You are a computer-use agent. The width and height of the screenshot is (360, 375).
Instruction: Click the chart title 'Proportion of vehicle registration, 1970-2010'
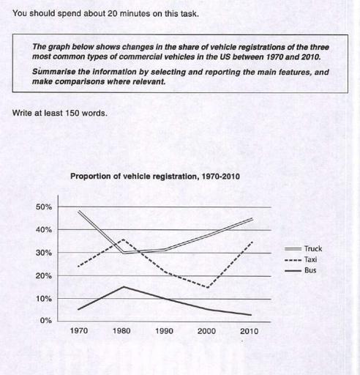pos(154,177)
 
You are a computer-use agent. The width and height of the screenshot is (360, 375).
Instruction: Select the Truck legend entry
pos(312,248)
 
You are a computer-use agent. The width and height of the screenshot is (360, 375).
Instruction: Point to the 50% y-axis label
pos(44,207)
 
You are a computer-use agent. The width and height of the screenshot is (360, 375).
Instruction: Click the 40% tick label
pos(44,230)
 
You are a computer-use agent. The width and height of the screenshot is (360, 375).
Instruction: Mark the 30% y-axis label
pos(44,253)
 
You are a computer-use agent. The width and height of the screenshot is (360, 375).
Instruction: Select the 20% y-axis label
pos(44,276)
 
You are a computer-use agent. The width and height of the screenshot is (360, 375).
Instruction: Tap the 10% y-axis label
pos(44,299)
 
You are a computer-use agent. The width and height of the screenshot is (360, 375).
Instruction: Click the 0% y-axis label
pos(46,321)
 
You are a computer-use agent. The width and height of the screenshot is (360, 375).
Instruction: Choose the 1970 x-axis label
pos(78,331)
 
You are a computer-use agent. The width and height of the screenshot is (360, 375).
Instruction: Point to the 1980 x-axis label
pos(121,331)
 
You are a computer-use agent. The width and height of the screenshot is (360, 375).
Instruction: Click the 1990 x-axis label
pos(164,331)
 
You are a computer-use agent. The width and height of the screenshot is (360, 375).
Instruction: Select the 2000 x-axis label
pos(207,331)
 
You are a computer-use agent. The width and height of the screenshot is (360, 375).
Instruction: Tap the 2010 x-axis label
pos(250,331)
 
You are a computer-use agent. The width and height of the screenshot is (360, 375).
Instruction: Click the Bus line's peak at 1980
pos(121,286)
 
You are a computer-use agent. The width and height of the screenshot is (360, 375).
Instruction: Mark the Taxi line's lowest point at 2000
pos(209,287)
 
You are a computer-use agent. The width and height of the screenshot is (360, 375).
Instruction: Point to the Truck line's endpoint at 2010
pos(252,218)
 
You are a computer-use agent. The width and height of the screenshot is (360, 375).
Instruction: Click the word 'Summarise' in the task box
pos(53,73)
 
